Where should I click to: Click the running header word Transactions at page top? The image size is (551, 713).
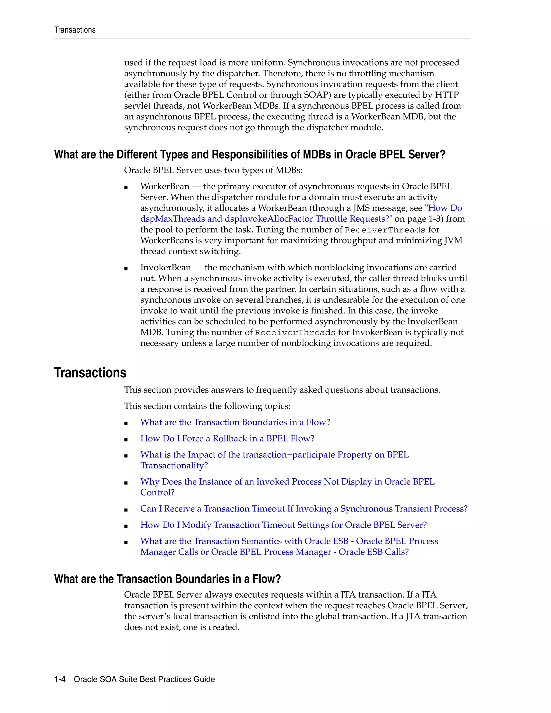coord(75,30)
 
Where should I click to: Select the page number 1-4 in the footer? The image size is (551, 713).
coord(60,679)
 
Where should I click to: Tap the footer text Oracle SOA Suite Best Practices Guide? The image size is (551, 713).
coord(144,679)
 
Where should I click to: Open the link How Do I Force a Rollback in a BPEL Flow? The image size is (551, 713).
coord(227,439)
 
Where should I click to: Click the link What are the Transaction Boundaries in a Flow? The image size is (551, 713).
coord(235,422)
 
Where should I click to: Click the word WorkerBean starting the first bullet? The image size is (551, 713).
coord(164,186)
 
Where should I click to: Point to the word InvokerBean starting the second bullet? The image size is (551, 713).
coord(165,267)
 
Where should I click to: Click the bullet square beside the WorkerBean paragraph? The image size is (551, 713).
coord(126,188)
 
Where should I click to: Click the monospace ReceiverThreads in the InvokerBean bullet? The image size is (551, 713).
coord(295,333)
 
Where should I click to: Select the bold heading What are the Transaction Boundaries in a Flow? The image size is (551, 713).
coord(167,579)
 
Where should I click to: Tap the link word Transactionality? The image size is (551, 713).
coord(174,465)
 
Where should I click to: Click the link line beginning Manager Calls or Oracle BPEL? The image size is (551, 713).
coord(274,552)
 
